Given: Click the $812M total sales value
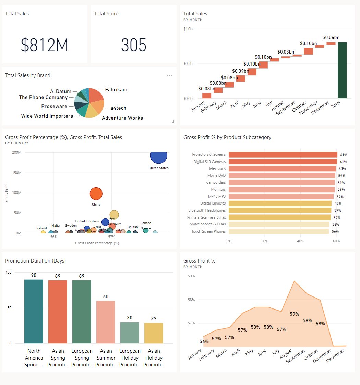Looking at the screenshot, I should [45, 45].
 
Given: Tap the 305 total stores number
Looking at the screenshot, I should [133, 45].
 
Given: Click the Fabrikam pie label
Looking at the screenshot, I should [116, 90].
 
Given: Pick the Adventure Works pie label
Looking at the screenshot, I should [122, 118].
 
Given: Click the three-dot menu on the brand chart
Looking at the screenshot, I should [169, 75].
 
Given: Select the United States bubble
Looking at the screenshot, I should [158, 155].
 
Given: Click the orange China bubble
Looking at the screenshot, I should [96, 194].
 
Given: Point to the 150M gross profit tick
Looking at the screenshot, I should [16, 173].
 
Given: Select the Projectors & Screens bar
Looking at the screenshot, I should [283, 155].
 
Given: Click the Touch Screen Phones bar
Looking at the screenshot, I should [279, 231].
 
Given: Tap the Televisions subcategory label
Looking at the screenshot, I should [217, 168].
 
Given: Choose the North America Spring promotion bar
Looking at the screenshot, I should [34, 311].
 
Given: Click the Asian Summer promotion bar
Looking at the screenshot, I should [106, 322].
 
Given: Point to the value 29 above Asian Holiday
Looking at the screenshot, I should [154, 318].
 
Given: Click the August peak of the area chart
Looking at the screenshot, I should [294, 281].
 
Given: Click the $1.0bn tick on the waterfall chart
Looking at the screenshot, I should [189, 29].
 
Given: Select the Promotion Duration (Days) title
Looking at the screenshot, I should [35, 261].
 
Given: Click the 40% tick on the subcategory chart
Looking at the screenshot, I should [300, 241].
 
